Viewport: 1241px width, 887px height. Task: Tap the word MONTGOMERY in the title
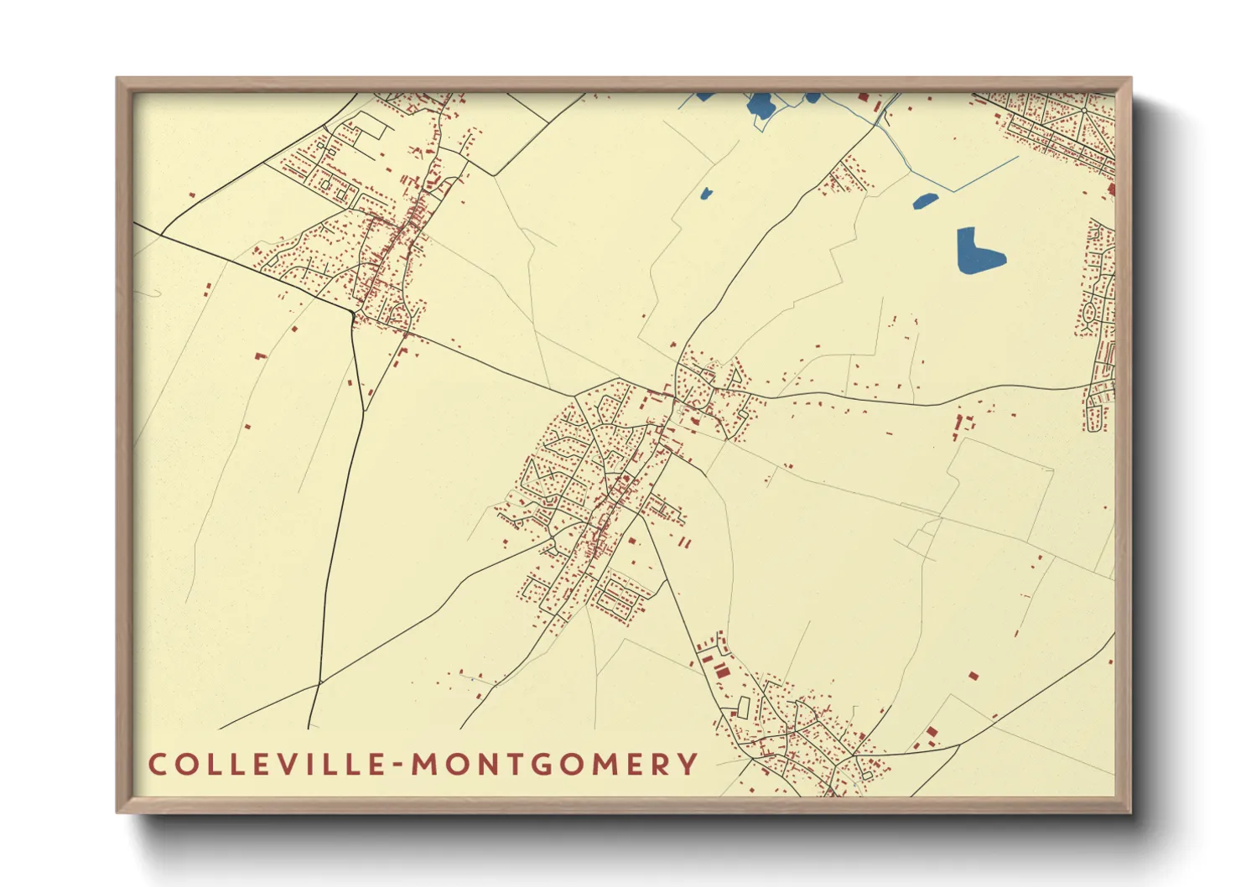(554, 765)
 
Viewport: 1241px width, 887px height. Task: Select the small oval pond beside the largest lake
(925, 201)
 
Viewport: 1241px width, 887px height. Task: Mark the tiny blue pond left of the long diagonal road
(705, 195)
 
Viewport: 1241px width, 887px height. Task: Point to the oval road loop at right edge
(1089, 314)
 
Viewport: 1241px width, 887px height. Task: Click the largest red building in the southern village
(720, 670)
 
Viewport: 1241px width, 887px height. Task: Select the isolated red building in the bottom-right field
(973, 675)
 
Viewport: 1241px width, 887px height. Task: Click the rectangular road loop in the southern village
(741, 707)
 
